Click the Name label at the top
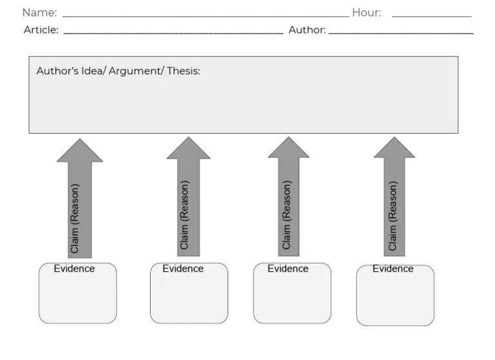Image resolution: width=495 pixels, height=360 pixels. [39, 13]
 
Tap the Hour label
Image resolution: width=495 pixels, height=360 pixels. [366, 13]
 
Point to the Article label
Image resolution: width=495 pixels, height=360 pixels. [41, 30]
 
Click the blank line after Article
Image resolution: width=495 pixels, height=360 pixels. [173, 32]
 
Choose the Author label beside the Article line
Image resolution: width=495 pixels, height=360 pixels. [307, 30]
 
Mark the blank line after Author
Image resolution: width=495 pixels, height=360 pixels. [401, 32]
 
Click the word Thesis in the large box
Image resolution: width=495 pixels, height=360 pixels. [183, 71]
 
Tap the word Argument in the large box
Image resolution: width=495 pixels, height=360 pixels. [135, 71]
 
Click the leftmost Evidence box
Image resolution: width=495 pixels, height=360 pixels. [77, 296]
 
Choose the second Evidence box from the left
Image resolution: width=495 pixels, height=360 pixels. [189, 296]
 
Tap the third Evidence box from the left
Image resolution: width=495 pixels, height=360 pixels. [292, 296]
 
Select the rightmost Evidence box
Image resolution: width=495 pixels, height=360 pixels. [395, 298]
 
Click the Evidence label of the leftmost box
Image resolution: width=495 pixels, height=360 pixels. [74, 269]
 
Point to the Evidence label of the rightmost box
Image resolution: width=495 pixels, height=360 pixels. [393, 269]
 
